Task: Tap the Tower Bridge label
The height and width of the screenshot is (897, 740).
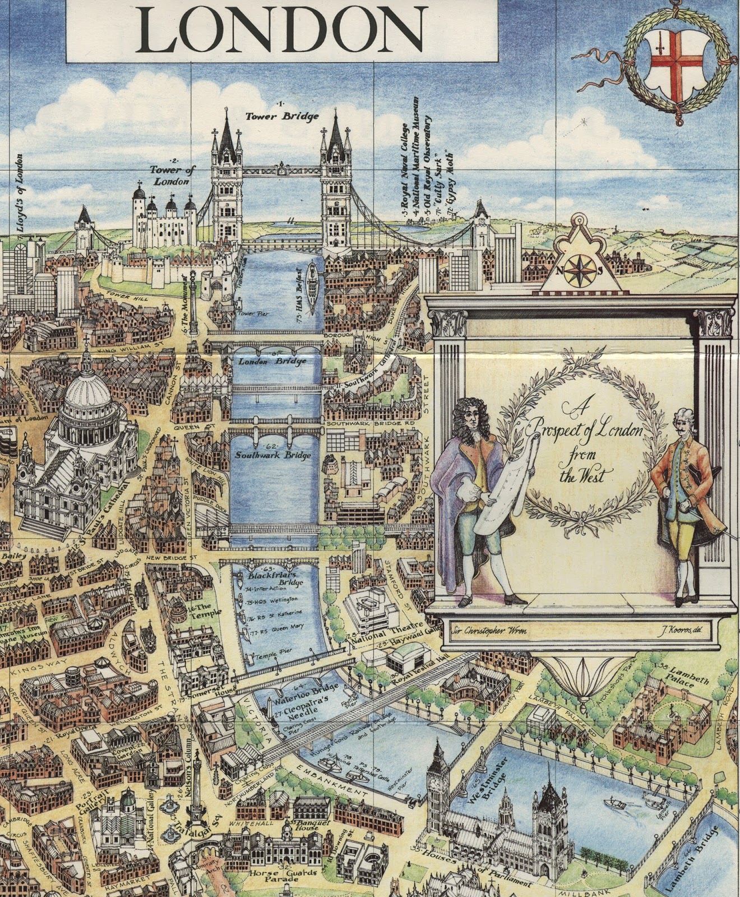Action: click(282, 116)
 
